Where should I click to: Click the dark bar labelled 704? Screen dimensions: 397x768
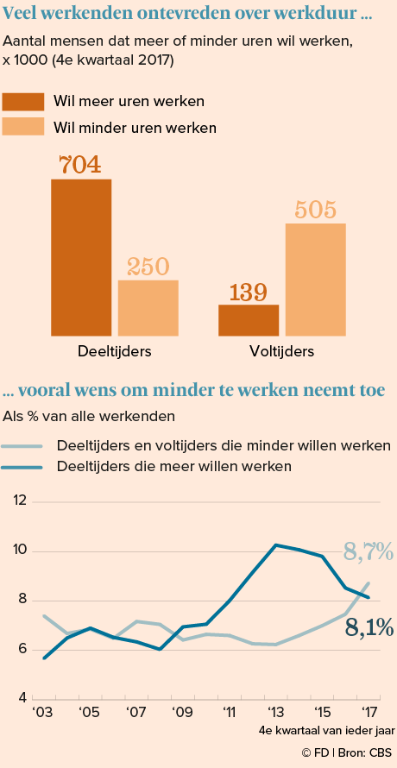coord(81,257)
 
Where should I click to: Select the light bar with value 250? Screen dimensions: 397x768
coord(148,308)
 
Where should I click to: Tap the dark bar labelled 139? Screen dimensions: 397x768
coord(249,320)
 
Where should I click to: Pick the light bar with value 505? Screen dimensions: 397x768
coord(316,280)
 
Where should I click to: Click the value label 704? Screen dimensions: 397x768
coord(80,165)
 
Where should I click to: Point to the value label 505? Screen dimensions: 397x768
coord(316,210)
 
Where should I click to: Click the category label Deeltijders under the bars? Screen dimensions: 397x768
coord(114,351)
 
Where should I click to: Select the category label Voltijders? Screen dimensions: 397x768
coord(282,351)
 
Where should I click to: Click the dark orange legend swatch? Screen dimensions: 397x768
coord(23,102)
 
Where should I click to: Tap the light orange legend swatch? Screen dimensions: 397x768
coord(23,127)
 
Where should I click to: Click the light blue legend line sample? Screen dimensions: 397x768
coord(22,446)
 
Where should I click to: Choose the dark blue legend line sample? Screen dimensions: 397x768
coord(22,467)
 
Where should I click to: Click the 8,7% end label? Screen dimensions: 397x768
coord(368,552)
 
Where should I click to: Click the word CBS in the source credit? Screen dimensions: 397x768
coord(381,752)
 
